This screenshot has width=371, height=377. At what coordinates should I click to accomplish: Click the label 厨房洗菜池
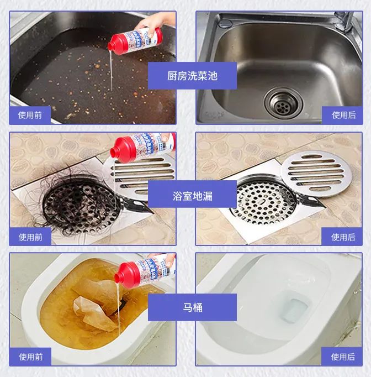pyautogui.click(x=192, y=76)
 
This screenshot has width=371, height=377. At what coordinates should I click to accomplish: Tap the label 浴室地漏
pyautogui.click(x=192, y=196)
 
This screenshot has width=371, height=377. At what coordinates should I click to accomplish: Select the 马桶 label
pyautogui.click(x=192, y=307)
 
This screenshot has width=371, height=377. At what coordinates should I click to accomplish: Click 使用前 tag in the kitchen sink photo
pyautogui.click(x=30, y=115)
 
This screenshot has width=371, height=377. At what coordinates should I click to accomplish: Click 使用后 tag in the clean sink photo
pyautogui.click(x=343, y=115)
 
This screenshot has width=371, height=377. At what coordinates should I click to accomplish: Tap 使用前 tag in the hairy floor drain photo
pyautogui.click(x=30, y=237)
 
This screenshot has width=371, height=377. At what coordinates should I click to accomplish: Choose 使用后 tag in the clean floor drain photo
pyautogui.click(x=343, y=237)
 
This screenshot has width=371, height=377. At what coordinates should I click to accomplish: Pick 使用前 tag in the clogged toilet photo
pyautogui.click(x=30, y=357)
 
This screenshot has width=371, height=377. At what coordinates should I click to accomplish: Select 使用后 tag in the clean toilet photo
pyautogui.click(x=343, y=357)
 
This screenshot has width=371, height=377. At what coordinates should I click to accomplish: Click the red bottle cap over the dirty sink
pyautogui.click(x=118, y=42)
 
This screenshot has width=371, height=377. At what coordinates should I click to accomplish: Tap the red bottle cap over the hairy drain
pyautogui.click(x=120, y=151)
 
